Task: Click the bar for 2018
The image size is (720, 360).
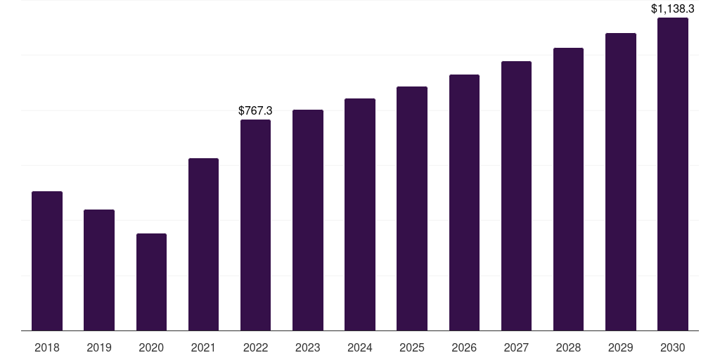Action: point(47,261)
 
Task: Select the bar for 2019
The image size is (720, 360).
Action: point(99,270)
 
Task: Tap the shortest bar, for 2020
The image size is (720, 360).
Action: point(151,282)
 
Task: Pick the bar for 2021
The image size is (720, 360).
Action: point(203,244)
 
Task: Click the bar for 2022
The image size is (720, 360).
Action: point(255,225)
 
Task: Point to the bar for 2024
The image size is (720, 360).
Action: point(360,214)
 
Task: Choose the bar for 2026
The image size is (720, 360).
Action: point(464,202)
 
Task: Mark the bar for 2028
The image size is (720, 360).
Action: point(568,189)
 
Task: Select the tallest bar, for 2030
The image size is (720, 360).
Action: point(673,174)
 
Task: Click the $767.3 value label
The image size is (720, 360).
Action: point(255,111)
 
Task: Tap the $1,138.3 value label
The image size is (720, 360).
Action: point(673,9)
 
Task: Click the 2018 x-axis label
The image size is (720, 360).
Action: point(47,347)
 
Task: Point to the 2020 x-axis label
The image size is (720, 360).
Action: point(151,347)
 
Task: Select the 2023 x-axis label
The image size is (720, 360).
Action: point(308,347)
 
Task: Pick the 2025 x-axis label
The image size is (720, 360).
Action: point(412,347)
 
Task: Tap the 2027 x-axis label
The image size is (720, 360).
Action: point(516,347)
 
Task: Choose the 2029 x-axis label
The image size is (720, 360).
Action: point(621,347)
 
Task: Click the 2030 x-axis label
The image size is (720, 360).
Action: point(673,347)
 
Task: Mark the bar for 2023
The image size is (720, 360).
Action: point(308,220)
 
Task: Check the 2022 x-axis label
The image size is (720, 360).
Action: point(255,347)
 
